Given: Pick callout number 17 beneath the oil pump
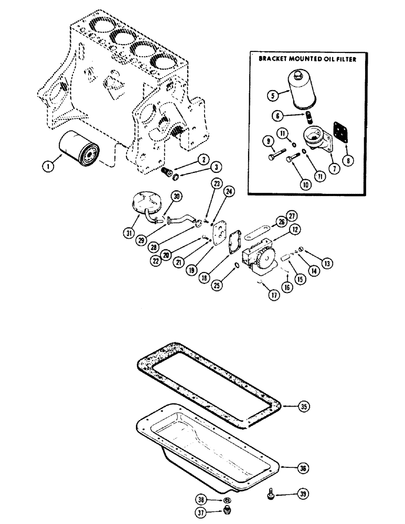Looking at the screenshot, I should click(272, 294).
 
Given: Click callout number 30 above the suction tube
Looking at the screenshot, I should click(177, 197).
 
